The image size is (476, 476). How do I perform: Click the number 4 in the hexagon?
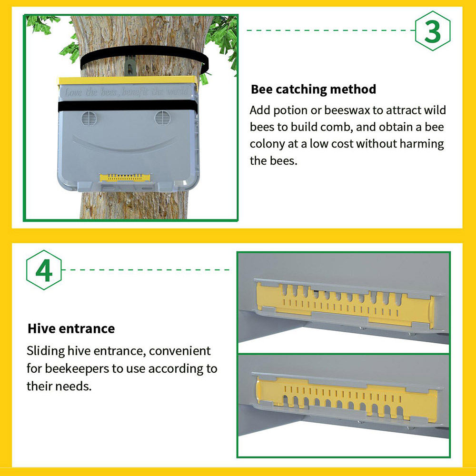pyautogui.click(x=44, y=270)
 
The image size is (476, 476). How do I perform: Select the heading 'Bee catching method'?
pyautogui.click(x=313, y=89)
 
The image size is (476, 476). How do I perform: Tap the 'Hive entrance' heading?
pyautogui.click(x=71, y=328)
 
